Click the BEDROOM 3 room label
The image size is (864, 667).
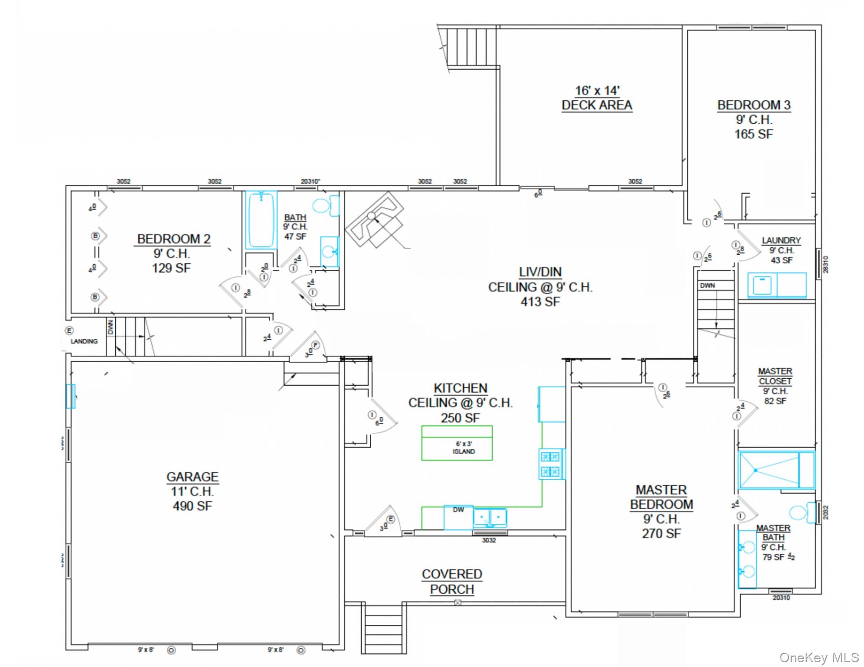point(754,106)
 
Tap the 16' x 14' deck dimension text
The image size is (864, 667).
point(597,91)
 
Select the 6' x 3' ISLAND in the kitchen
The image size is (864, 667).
point(457,443)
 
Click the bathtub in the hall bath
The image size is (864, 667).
point(261,220)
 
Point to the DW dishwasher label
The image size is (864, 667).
point(458,510)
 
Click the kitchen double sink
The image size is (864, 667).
point(490,518)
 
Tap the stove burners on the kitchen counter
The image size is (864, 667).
point(550,464)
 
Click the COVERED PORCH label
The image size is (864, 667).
point(452,581)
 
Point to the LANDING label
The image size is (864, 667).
point(84,341)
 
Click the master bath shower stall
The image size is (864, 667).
point(769,470)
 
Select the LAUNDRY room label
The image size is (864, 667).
point(781,241)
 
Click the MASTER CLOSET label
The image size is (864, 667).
point(775,376)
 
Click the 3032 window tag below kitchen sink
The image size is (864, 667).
point(489,540)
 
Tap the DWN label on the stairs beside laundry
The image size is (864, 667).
point(707,285)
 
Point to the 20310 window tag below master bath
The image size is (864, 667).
point(781,598)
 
